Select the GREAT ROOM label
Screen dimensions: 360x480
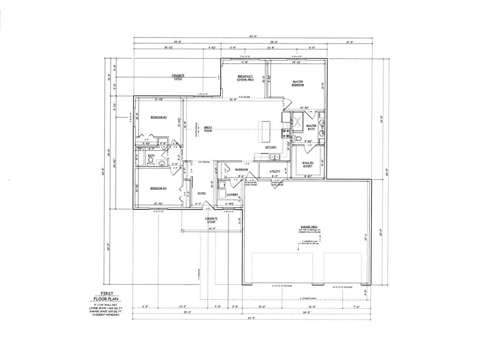[x=208, y=129]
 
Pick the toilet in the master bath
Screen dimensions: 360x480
[x=298, y=138]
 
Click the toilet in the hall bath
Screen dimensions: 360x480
[x=150, y=161]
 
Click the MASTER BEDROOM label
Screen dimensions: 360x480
[x=298, y=83]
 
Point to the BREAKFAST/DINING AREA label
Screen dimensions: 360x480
[x=245, y=78]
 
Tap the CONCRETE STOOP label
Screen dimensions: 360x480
[x=211, y=220]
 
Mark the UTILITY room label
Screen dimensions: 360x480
[x=275, y=172]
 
